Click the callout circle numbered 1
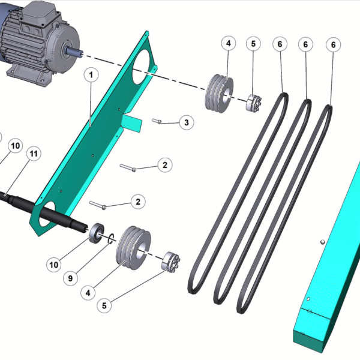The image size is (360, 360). point(91,74)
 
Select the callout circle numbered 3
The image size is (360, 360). point(187,122)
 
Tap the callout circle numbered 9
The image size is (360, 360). point(70,278)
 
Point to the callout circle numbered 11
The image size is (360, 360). point(34,154)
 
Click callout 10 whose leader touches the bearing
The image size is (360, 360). point(54,265)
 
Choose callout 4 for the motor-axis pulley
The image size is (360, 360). point(229,43)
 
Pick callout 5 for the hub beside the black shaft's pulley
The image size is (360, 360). point(104,305)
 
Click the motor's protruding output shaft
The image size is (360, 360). point(74,52)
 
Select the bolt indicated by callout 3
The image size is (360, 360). point(157,121)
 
